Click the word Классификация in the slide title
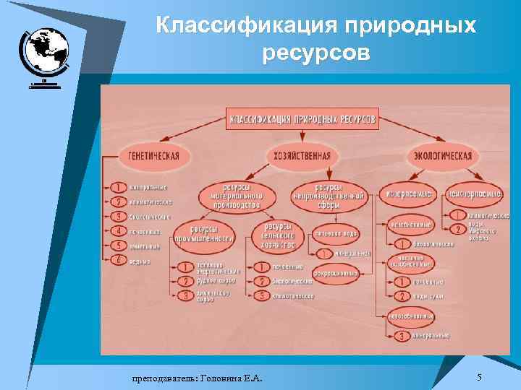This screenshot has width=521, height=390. [x=246, y=25]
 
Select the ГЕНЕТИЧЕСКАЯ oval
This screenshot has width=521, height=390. [x=153, y=155]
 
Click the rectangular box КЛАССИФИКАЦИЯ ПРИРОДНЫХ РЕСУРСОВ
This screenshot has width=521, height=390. [x=302, y=118]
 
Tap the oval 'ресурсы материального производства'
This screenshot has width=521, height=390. [x=234, y=195]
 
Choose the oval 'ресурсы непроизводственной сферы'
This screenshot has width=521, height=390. [x=329, y=195]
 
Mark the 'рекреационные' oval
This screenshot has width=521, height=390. [x=336, y=273]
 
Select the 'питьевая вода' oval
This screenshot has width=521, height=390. [x=336, y=233]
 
